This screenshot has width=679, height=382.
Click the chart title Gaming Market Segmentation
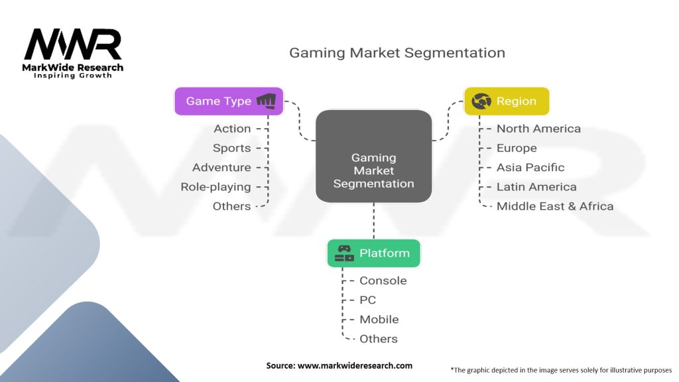pos(397,53)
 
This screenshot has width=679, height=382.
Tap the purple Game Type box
pos(229,101)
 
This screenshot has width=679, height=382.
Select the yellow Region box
pos(507,101)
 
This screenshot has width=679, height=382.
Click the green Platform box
pos(374,253)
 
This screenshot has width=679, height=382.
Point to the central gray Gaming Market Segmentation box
pos(374,156)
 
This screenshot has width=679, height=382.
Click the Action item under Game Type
pos(232,129)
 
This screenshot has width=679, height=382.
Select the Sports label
pos(231,148)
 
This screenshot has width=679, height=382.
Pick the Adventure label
pos(221,168)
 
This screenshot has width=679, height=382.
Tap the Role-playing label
pos(216,187)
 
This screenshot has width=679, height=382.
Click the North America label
pos(538,129)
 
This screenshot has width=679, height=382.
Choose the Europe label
pos(517,148)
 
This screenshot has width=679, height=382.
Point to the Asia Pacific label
pos(530,168)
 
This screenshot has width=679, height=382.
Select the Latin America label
pos(536,187)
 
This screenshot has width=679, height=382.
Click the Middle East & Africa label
pos(555,207)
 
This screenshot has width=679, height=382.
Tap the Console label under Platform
pos(383,281)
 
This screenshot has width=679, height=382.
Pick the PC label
pos(367,300)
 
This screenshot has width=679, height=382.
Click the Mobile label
pos(379,320)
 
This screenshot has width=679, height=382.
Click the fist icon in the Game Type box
pos(267,101)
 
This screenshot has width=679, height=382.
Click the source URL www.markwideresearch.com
pos(355,365)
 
